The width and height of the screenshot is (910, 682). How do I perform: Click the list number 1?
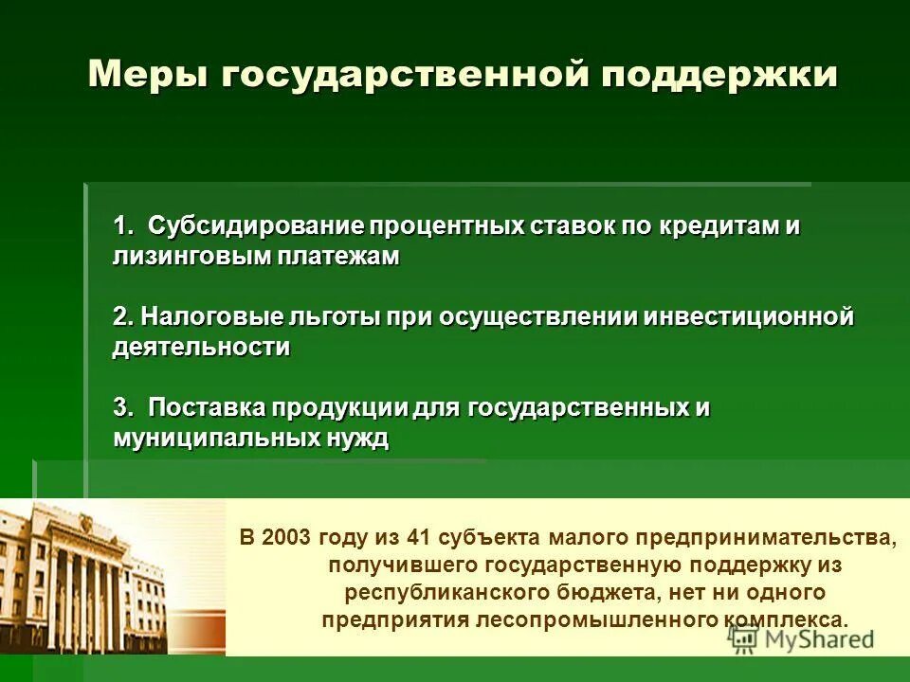[121, 226]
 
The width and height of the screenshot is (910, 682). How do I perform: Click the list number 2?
[121, 316]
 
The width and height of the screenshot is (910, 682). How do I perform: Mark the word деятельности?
[201, 347]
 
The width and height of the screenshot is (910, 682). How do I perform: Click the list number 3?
[121, 407]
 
